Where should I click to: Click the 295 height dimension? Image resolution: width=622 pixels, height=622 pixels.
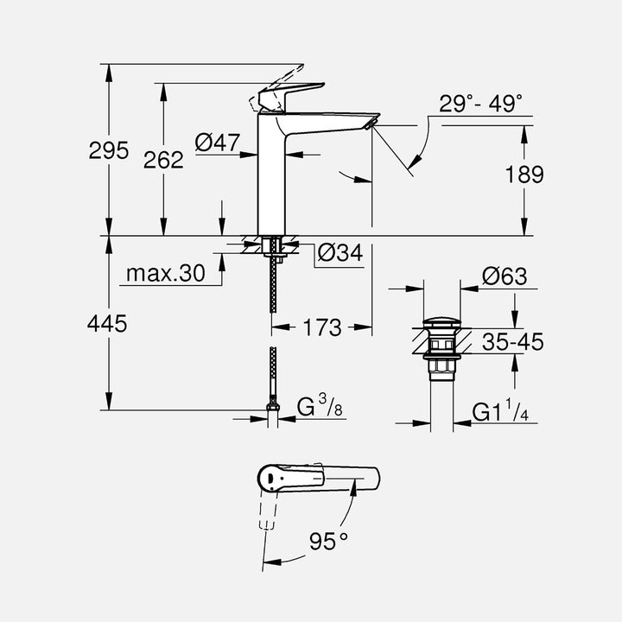(x=108, y=151)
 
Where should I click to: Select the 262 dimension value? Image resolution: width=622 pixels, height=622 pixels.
(x=163, y=159)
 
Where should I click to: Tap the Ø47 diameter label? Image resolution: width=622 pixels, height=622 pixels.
(x=217, y=143)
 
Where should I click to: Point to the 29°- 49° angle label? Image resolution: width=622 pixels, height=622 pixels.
(x=480, y=105)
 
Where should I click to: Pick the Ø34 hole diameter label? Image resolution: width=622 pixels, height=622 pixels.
(x=340, y=253)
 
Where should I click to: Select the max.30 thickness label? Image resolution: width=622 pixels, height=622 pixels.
(x=166, y=274)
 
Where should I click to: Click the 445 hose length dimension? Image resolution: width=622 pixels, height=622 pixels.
(x=108, y=324)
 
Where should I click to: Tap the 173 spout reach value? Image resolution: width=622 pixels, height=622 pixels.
(x=323, y=327)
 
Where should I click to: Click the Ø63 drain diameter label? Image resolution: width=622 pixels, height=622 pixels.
(x=505, y=276)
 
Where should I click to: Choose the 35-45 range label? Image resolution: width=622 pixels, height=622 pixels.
(x=513, y=343)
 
